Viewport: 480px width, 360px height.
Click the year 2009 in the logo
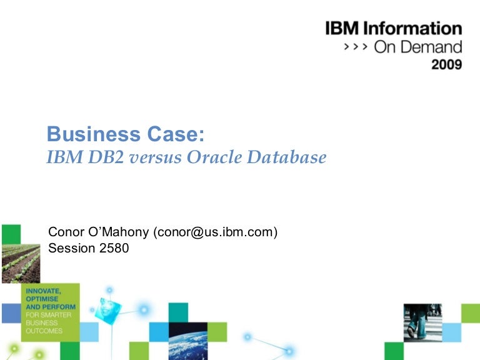446,65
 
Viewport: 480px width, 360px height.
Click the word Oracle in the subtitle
212,157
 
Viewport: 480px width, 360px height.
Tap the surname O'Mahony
120,232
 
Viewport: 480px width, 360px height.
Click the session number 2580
113,249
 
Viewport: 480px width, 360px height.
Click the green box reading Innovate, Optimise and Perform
50,311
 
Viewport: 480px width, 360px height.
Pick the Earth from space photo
187,341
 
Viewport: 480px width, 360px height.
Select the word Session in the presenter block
71,249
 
